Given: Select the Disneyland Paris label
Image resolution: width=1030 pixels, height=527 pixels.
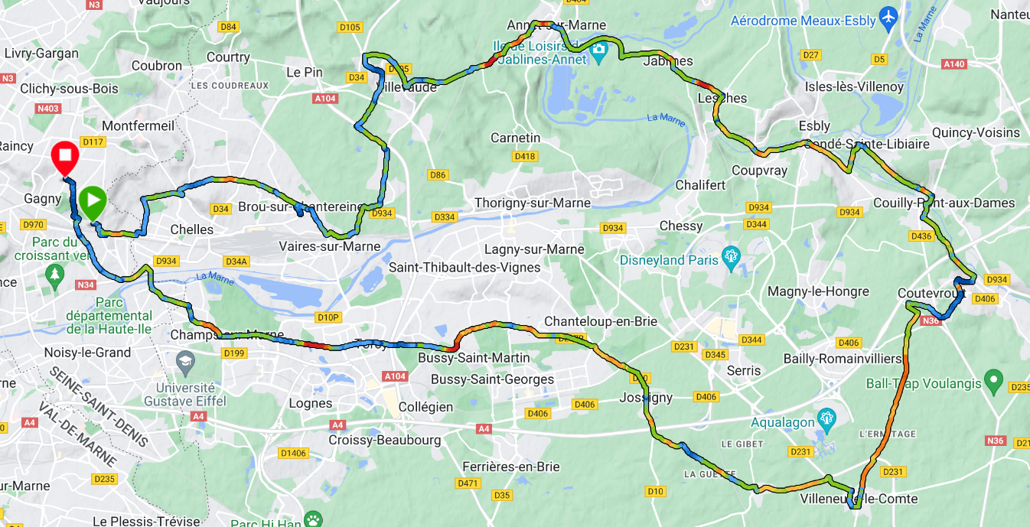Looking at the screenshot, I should [670, 260].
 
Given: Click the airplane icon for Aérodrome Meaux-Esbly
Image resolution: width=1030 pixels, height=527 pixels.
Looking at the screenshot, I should [888, 18].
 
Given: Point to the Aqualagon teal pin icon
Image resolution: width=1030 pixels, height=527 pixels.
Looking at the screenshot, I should [825, 418].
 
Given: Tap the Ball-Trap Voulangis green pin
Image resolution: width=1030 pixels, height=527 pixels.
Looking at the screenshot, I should [993, 379].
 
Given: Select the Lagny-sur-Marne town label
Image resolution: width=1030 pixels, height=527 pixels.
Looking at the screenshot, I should [534, 249].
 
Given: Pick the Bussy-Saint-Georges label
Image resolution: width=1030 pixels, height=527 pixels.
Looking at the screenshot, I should [492, 379].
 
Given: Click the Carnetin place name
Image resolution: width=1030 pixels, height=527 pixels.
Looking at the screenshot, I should [515, 138].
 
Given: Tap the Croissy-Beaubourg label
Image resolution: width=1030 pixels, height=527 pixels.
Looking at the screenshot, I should [384, 440].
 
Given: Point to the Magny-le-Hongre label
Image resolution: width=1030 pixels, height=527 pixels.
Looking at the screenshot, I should [818, 291].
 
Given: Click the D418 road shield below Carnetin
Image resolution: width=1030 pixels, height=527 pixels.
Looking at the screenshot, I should [524, 156].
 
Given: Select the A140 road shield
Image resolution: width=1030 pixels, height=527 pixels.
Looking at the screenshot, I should [954, 64].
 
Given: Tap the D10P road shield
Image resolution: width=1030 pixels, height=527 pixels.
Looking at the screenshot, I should [328, 317].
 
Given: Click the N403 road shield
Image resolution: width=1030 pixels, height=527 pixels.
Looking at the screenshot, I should [47, 109].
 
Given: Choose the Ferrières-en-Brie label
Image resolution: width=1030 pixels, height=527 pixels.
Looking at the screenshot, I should [510, 467].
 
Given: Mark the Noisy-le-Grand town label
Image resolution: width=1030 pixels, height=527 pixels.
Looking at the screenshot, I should [88, 353].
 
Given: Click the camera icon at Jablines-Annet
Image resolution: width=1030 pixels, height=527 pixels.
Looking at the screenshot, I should [598, 50].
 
